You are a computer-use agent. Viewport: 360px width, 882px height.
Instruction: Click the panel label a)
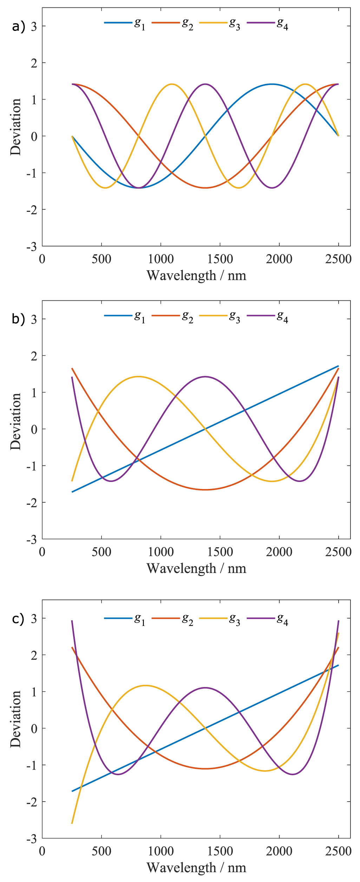(x=18, y=27)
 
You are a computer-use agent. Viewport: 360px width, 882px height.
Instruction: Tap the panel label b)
(x=18, y=319)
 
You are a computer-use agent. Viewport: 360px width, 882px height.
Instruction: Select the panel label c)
(x=18, y=618)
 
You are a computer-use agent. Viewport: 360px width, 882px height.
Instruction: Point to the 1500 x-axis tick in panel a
(x=220, y=259)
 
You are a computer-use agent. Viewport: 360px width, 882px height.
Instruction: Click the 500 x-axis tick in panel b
(x=102, y=552)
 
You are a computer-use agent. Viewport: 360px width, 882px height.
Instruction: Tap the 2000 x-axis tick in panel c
(x=279, y=851)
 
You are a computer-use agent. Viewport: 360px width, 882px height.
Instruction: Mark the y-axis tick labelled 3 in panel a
(x=34, y=26)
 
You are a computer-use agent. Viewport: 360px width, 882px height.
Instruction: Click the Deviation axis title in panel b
(x=15, y=422)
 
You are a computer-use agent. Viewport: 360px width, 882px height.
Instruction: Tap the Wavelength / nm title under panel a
(x=196, y=275)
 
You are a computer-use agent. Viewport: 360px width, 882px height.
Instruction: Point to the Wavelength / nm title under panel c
(x=196, y=868)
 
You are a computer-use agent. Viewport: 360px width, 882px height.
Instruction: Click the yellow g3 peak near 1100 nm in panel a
(x=172, y=84)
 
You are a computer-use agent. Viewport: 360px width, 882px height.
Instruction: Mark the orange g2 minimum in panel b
(x=205, y=490)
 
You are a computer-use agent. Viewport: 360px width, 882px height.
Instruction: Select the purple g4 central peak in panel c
(x=205, y=688)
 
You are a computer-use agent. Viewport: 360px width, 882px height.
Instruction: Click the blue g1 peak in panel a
(x=271, y=84)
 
